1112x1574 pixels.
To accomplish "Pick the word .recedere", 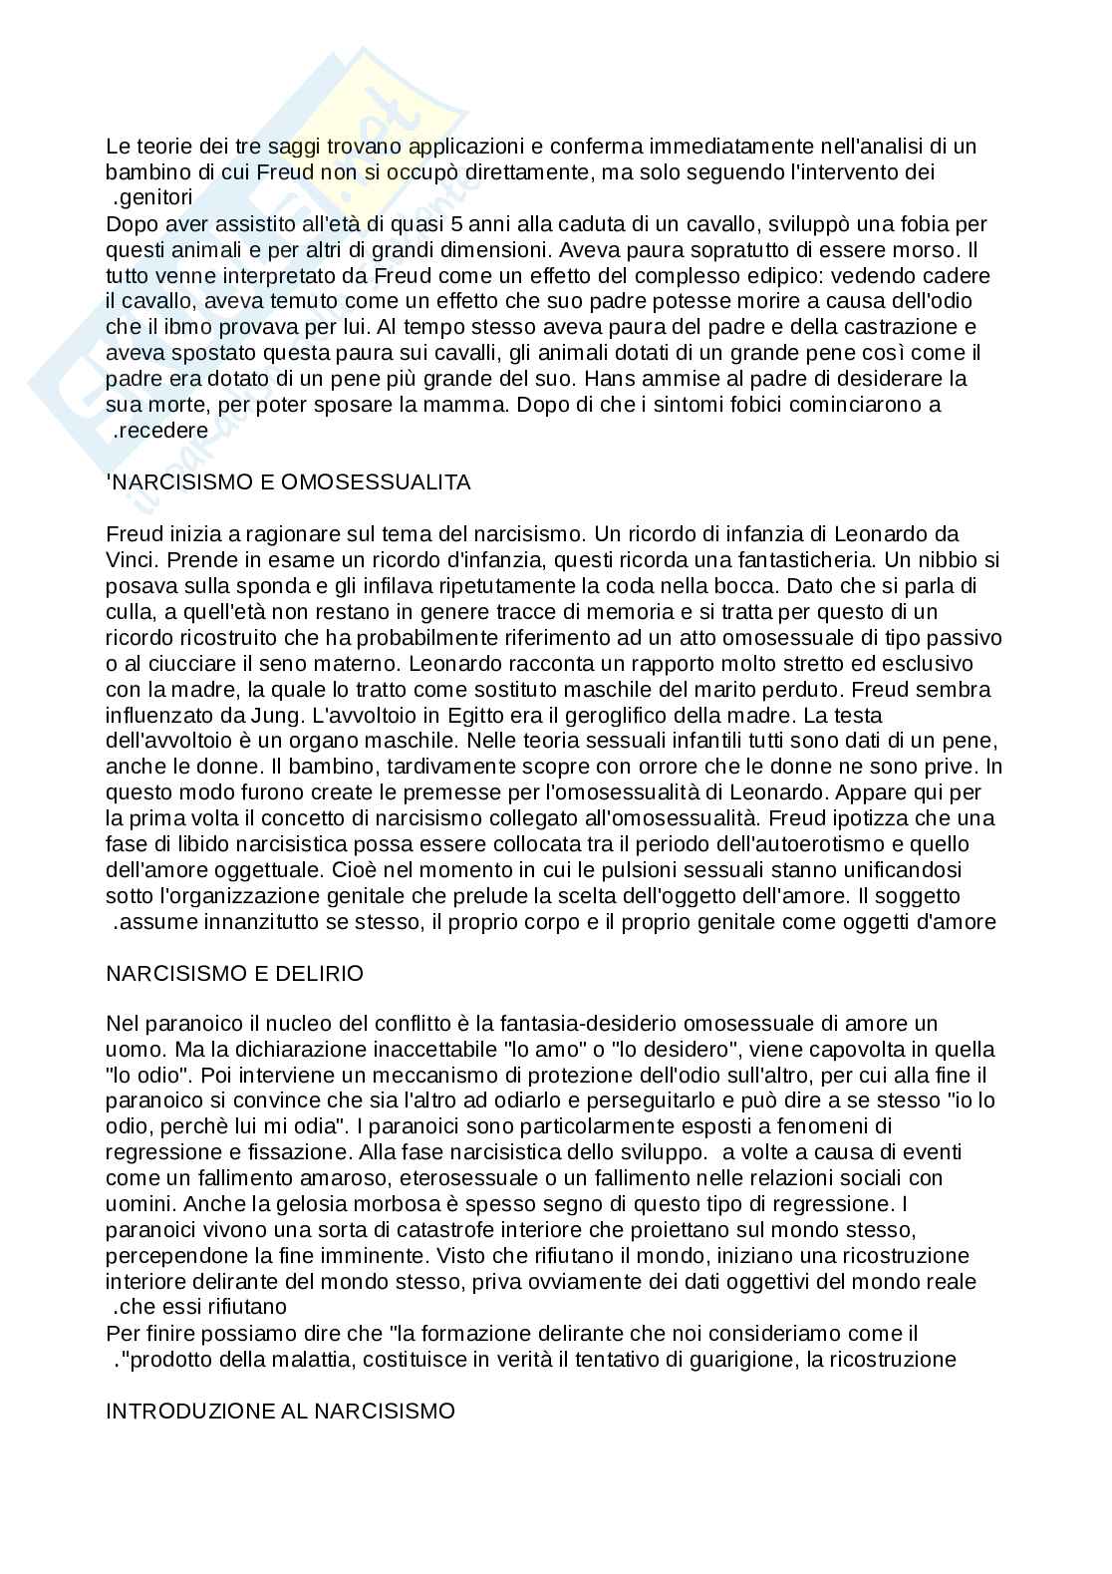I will (x=160, y=431).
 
